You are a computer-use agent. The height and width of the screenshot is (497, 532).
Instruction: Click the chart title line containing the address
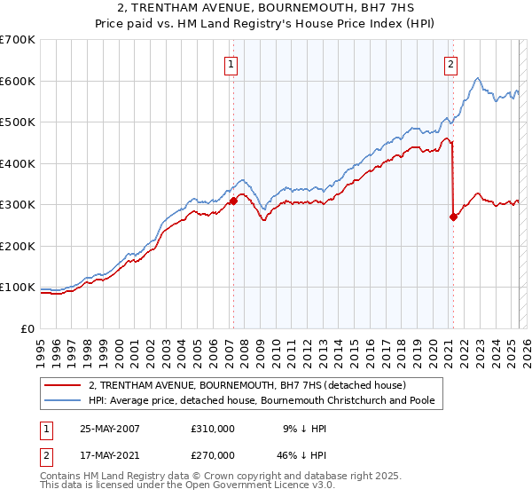(265, 10)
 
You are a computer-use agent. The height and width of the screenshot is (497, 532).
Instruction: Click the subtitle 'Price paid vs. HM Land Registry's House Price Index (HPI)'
(265, 26)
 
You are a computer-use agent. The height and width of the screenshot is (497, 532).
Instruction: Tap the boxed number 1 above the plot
(231, 63)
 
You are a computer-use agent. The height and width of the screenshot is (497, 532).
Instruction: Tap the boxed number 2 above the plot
(451, 63)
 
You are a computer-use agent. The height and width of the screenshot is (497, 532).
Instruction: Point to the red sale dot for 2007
(234, 201)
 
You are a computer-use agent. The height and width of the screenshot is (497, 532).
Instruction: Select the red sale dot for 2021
(453, 216)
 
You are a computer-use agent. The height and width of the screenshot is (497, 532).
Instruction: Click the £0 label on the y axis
(27, 328)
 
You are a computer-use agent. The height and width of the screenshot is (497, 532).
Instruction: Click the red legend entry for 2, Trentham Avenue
(246, 385)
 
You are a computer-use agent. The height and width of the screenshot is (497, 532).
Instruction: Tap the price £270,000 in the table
(213, 455)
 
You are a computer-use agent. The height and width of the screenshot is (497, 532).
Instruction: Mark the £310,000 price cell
(213, 428)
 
